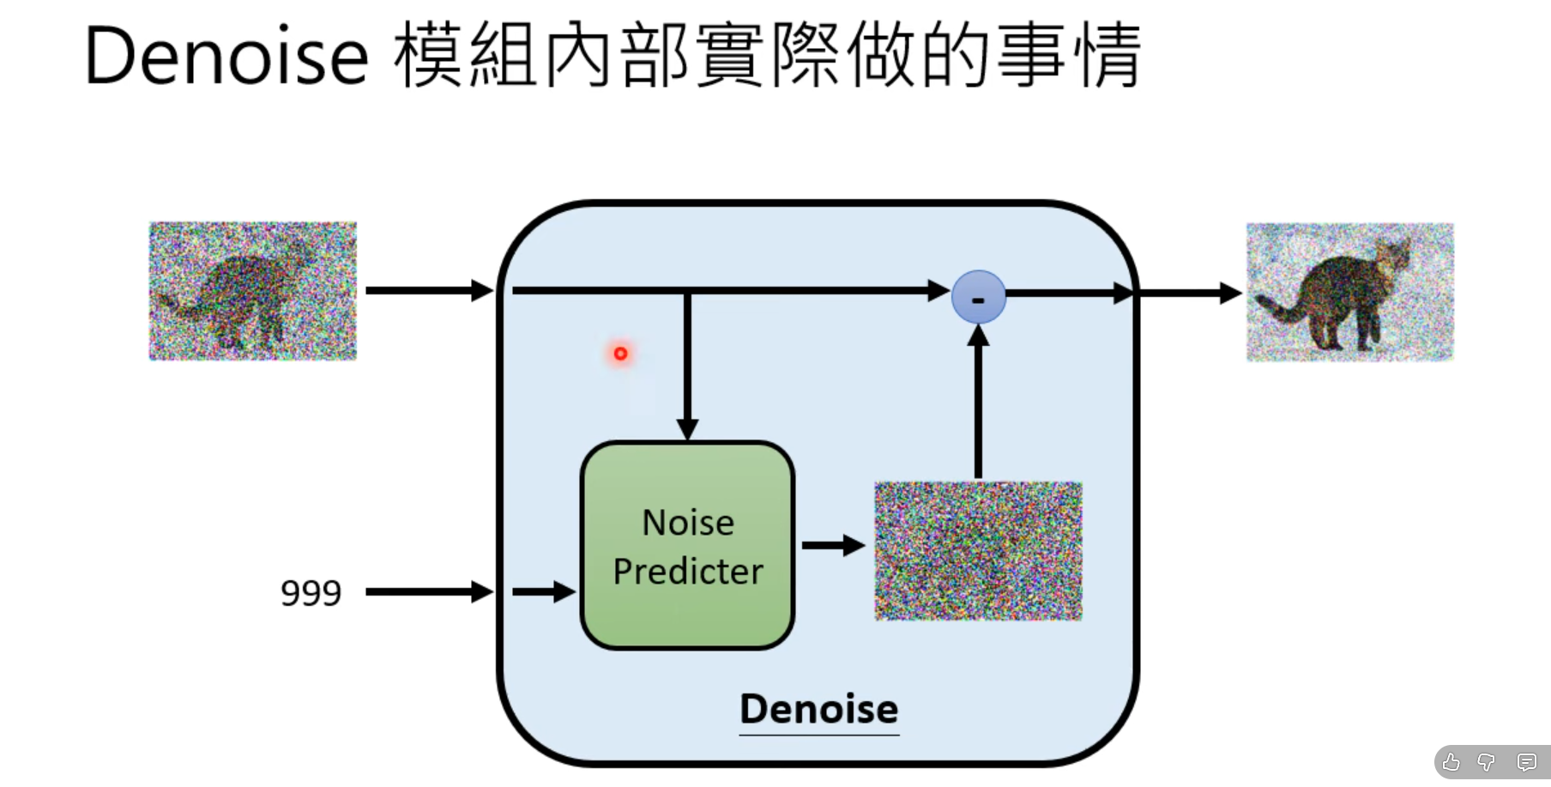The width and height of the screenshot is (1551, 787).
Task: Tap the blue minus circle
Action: click(x=978, y=297)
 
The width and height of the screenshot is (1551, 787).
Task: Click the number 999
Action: click(x=311, y=592)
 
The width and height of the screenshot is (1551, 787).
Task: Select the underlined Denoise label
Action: click(x=818, y=709)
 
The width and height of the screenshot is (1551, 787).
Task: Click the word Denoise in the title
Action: click(x=226, y=57)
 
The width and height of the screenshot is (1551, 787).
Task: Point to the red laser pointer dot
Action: click(x=620, y=353)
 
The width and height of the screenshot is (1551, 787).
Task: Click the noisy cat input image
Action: click(x=252, y=291)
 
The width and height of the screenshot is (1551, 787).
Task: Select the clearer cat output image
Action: click(x=1349, y=292)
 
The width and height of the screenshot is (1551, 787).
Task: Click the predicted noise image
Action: click(x=978, y=551)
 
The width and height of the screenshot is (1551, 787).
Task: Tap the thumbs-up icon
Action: click(x=1451, y=762)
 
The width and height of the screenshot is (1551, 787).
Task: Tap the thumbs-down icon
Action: click(x=1487, y=762)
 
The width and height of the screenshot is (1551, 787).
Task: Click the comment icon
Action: click(x=1526, y=762)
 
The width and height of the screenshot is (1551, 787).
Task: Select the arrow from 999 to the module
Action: click(x=428, y=591)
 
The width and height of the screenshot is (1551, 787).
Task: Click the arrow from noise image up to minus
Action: click(x=978, y=403)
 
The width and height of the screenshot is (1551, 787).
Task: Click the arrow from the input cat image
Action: click(x=428, y=290)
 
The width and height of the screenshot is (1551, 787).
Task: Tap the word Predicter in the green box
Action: click(x=688, y=572)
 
